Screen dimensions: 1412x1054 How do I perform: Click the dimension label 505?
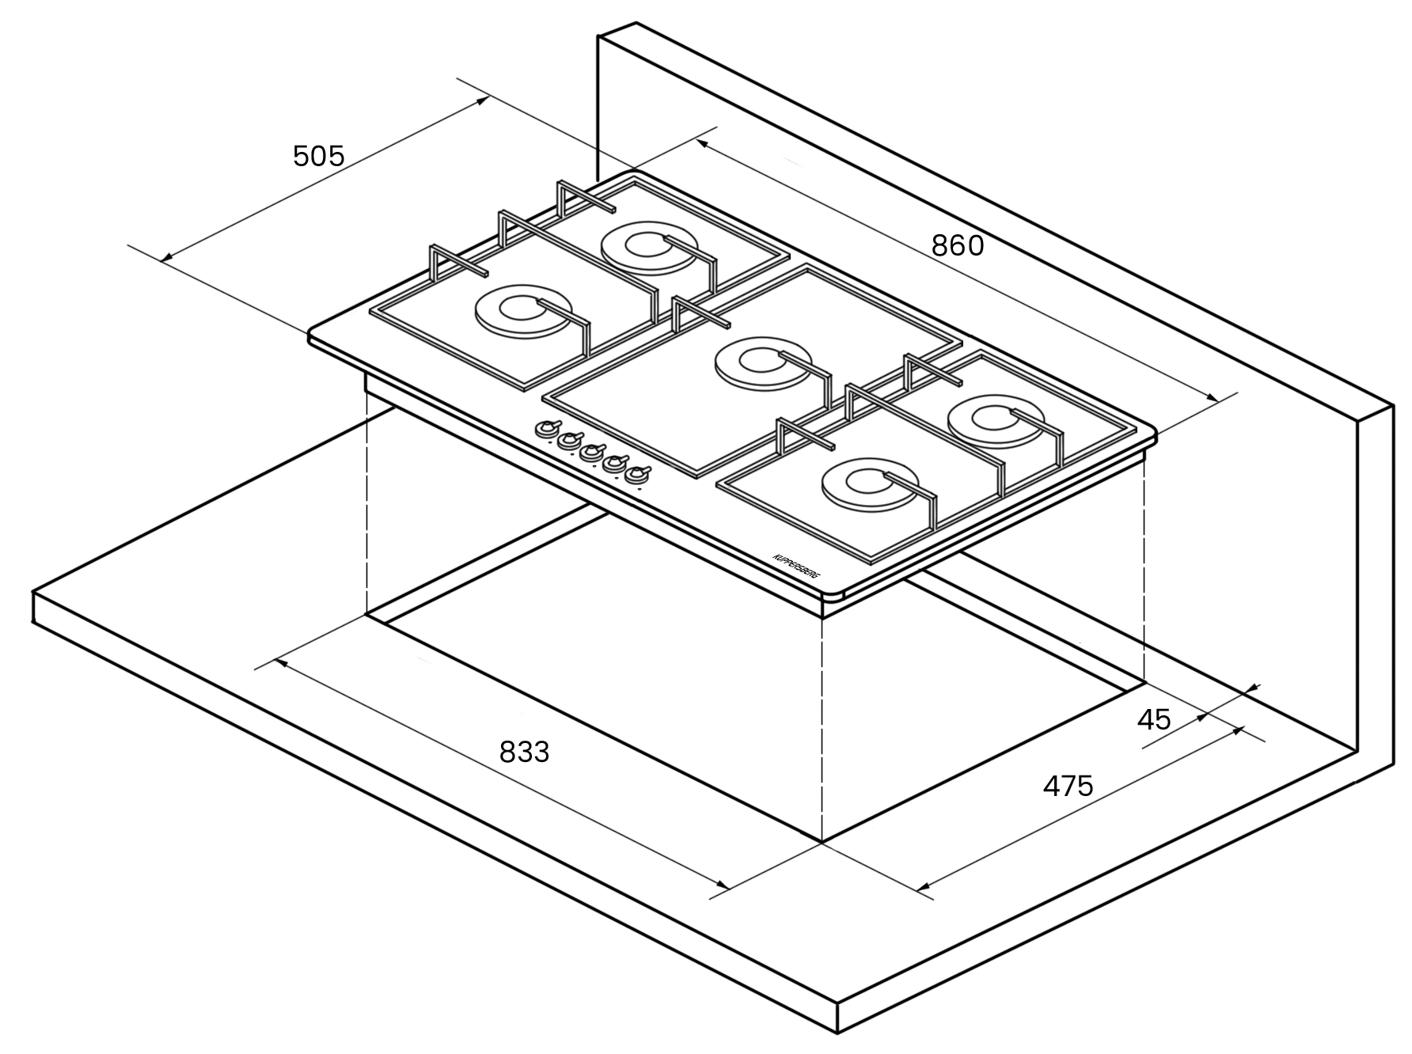[319, 156]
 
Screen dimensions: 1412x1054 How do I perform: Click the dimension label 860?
[958, 246]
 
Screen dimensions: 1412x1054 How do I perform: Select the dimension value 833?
[524, 752]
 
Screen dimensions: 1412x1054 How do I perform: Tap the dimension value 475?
[1068, 786]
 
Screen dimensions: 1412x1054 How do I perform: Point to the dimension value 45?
[1154, 719]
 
